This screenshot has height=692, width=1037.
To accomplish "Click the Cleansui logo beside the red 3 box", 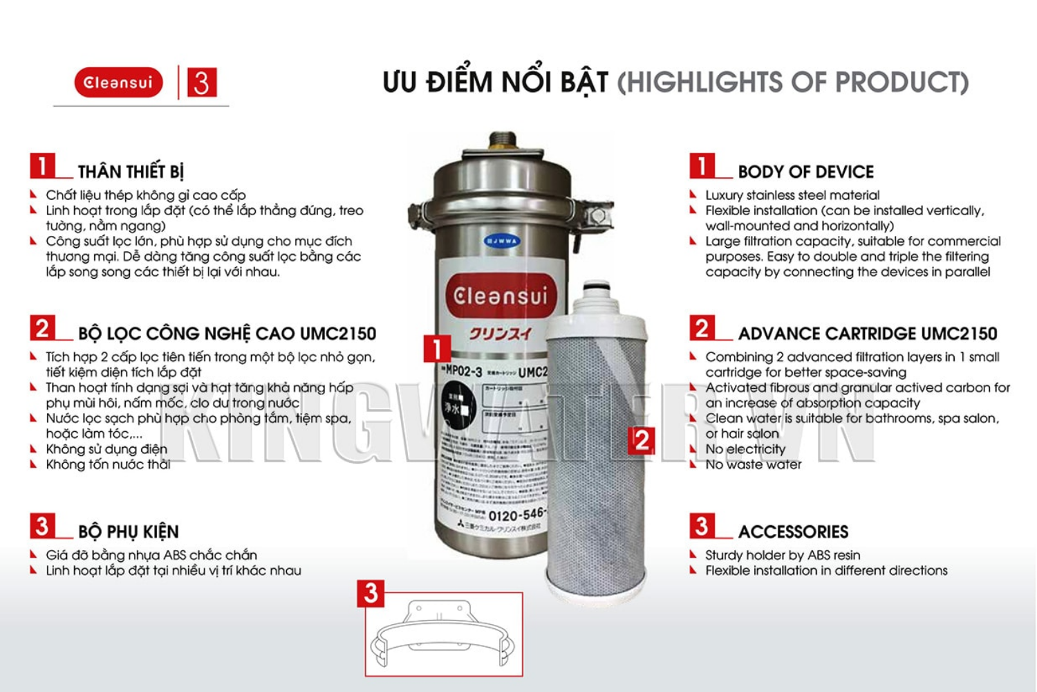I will click(x=118, y=82).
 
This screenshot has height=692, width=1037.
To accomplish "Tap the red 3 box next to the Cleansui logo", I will click(x=201, y=82).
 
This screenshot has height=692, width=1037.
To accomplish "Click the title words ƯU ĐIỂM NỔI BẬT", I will click(x=495, y=82).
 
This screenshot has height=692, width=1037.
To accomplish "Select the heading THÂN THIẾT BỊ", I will click(x=131, y=172).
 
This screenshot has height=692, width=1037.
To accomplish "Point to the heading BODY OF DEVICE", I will click(x=805, y=172).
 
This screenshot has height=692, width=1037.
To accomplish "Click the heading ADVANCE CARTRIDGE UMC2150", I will click(x=867, y=334).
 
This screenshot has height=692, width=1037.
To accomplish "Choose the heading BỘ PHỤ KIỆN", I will click(x=128, y=531).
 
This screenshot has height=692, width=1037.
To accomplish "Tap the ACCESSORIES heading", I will click(x=793, y=531).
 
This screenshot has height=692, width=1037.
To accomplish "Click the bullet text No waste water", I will click(x=753, y=464).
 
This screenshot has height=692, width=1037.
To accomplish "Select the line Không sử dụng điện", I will click(x=106, y=449).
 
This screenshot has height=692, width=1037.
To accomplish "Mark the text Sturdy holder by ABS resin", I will click(x=783, y=555).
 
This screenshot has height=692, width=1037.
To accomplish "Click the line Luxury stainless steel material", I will click(x=792, y=195).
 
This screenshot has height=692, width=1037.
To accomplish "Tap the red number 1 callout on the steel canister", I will click(x=437, y=349).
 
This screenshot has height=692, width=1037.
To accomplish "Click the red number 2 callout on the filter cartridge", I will click(x=642, y=440).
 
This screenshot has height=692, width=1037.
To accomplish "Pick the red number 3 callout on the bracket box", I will click(x=371, y=593).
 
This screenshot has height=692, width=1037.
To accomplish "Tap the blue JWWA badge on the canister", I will click(x=502, y=242).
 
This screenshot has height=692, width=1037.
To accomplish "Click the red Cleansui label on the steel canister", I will click(x=501, y=296).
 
